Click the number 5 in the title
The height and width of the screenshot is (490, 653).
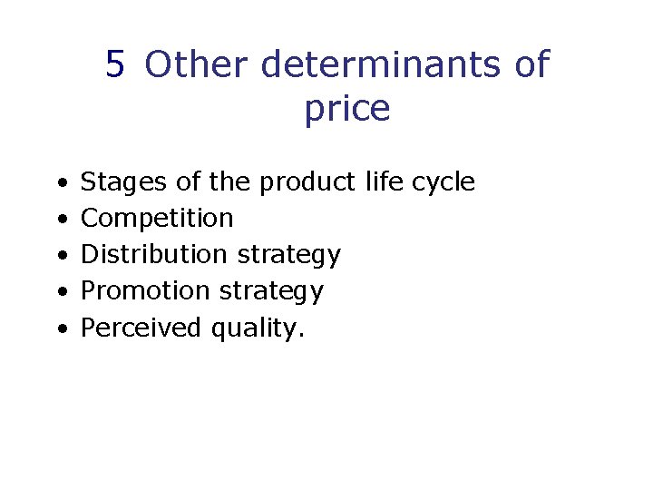(114, 65)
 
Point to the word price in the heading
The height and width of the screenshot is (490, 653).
(346, 110)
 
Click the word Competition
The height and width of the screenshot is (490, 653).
(157, 219)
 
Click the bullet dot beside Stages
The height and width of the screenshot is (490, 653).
(60, 183)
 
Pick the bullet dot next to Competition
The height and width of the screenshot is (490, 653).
(60, 220)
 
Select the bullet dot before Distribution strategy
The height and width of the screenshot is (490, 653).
(60, 256)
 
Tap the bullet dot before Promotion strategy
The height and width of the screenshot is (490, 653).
(60, 292)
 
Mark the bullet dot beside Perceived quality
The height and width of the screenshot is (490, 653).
(60, 328)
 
